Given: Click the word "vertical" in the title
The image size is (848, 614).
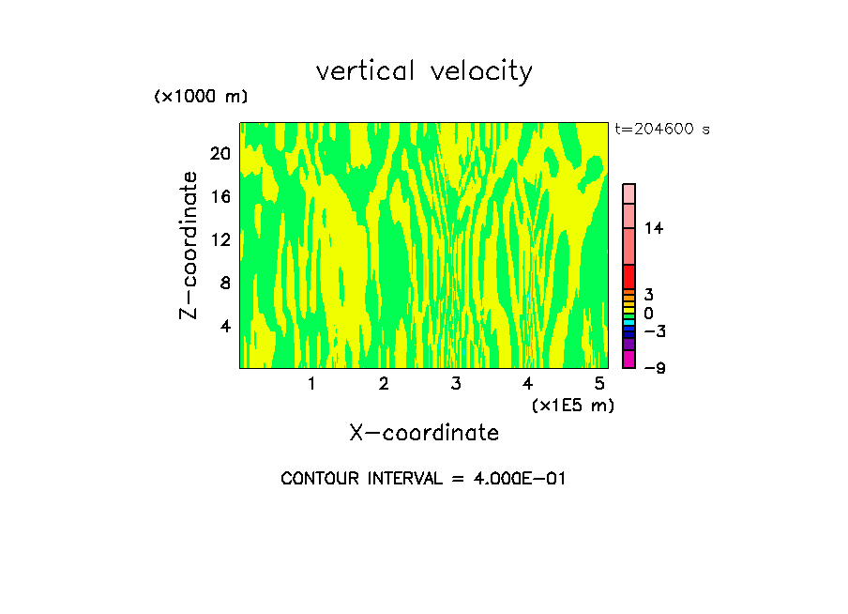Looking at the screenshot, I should (366, 71).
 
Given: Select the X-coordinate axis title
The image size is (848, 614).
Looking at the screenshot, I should (424, 433).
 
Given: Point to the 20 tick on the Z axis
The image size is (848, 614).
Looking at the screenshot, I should (220, 154).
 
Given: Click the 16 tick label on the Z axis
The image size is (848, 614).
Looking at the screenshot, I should (220, 197).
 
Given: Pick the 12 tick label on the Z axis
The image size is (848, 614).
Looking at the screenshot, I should (220, 240).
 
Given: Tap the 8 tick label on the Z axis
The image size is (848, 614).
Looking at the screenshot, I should (224, 283).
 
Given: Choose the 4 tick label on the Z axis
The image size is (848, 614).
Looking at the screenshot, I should (224, 326).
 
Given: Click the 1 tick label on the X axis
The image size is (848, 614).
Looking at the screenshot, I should (311, 384).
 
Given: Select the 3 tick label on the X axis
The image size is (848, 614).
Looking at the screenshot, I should (456, 384).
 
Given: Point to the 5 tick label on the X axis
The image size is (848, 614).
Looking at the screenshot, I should (599, 384).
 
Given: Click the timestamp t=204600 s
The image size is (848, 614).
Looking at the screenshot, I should (662, 130).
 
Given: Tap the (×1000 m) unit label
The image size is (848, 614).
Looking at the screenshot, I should (201, 97).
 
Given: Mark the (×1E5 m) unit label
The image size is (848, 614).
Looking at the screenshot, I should (572, 406).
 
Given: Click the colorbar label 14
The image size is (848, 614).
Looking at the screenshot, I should (654, 228).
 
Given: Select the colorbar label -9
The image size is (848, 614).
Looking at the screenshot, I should (654, 367).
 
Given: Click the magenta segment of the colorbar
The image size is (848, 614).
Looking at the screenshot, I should (628, 360).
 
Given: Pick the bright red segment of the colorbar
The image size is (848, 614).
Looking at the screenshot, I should (628, 276).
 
